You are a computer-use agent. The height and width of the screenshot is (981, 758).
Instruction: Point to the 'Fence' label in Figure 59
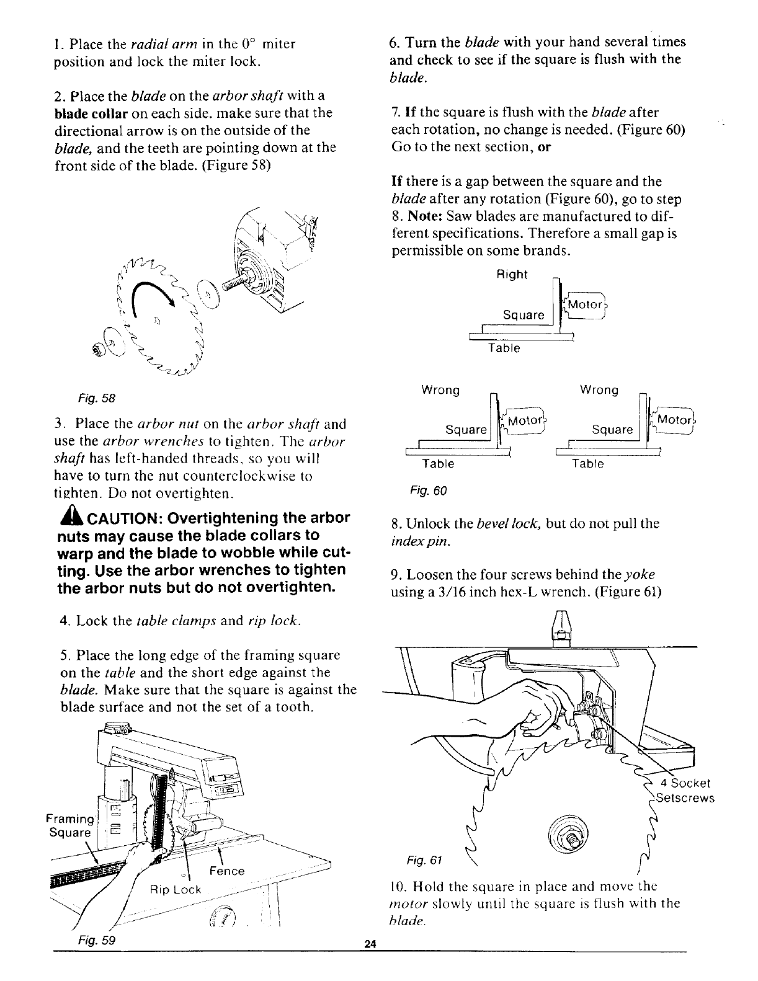click(x=227, y=871)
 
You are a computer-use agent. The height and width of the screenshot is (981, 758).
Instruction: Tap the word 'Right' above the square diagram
click(x=512, y=275)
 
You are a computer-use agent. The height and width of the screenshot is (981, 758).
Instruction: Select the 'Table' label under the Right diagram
click(x=503, y=348)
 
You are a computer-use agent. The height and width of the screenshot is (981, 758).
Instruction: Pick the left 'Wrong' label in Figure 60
click(x=440, y=390)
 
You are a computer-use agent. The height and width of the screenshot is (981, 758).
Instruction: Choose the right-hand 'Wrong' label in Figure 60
click(x=599, y=390)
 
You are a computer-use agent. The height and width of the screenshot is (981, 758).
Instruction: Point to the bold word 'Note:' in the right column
click(x=424, y=216)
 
